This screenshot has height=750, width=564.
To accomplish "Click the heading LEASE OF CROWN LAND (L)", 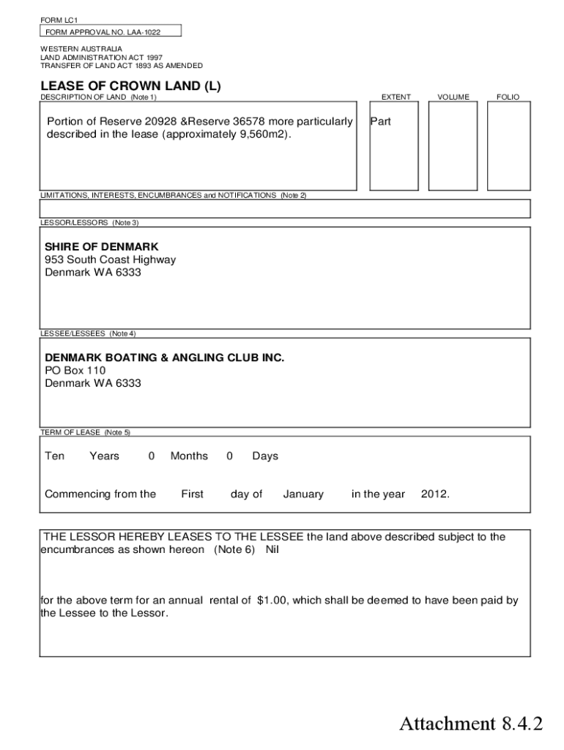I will click(130, 86).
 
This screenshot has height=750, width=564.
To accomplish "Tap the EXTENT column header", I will click(396, 97).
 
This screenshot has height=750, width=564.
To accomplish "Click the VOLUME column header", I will click(453, 97).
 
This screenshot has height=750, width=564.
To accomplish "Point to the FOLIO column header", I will click(508, 97).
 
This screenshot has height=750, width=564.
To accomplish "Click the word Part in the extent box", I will click(381, 122).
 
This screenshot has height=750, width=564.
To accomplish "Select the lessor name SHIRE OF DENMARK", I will click(101, 247).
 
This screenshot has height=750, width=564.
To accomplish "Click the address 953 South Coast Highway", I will click(110, 260).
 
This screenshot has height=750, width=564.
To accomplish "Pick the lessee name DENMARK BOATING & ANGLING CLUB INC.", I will click(164, 357).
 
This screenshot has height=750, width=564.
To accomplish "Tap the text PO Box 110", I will click(75, 371).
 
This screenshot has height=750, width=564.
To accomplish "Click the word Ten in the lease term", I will click(55, 456).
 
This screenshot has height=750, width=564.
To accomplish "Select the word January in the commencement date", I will click(303, 494).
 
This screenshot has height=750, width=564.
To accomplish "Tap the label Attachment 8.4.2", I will click(471, 724).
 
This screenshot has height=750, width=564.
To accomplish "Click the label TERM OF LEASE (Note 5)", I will click(85, 432).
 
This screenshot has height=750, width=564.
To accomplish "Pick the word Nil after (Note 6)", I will click(272, 549).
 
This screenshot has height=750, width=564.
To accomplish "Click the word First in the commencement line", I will click(192, 494).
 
